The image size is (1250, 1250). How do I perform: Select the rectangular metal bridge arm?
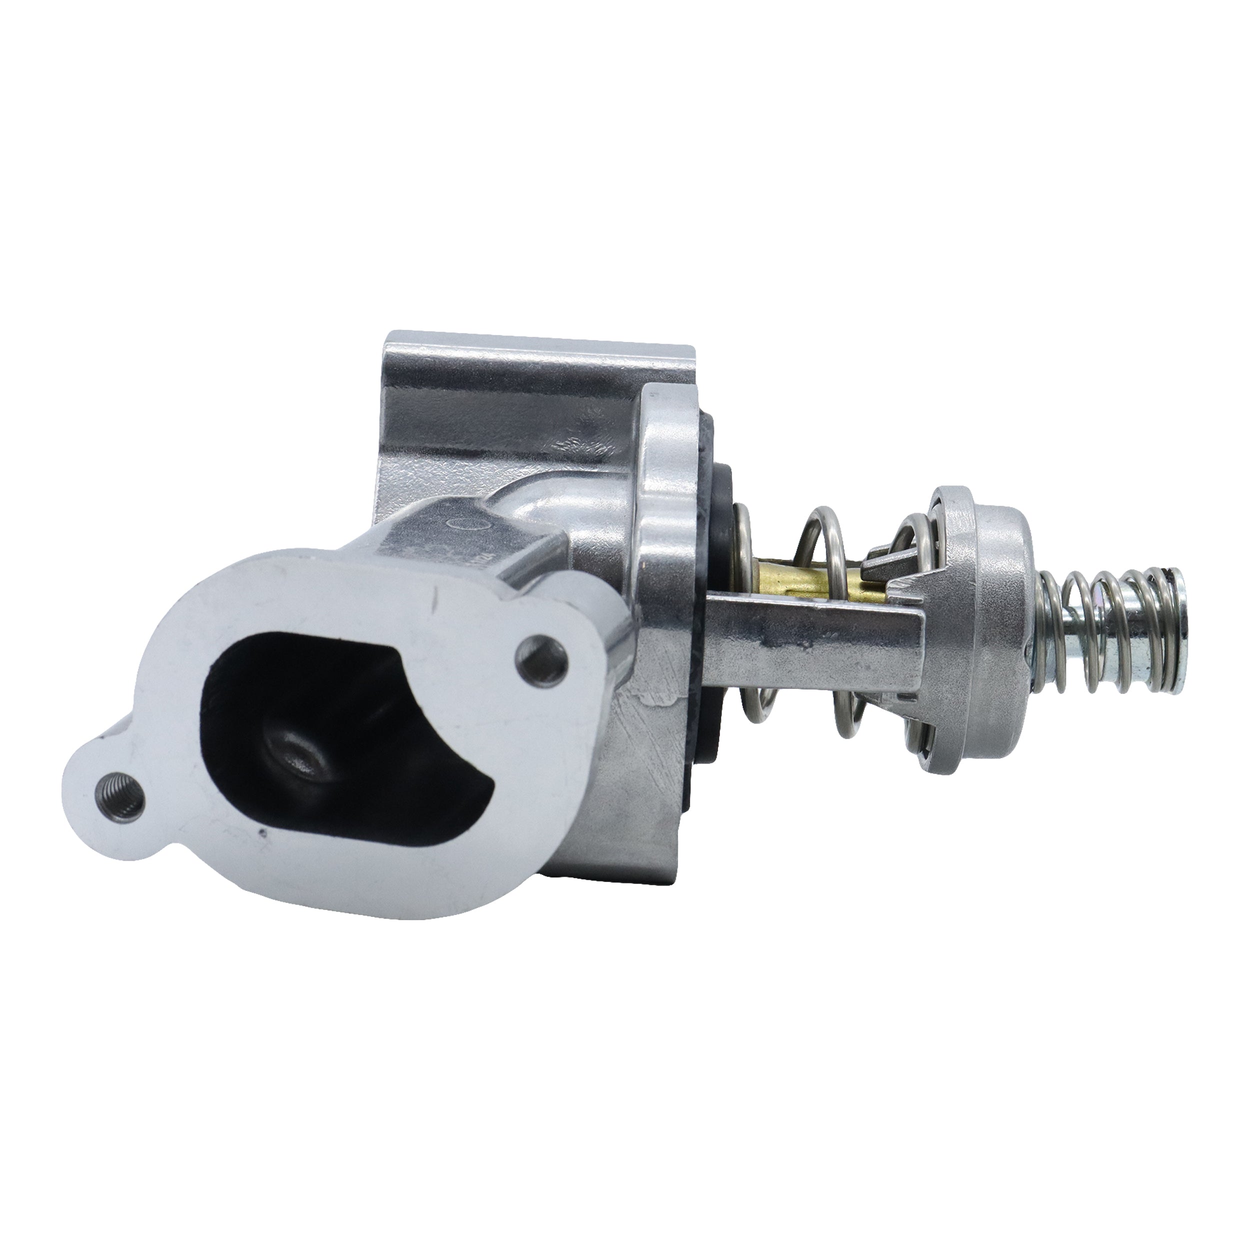(808, 653)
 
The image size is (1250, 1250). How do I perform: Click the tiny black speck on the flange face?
(261, 834)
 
